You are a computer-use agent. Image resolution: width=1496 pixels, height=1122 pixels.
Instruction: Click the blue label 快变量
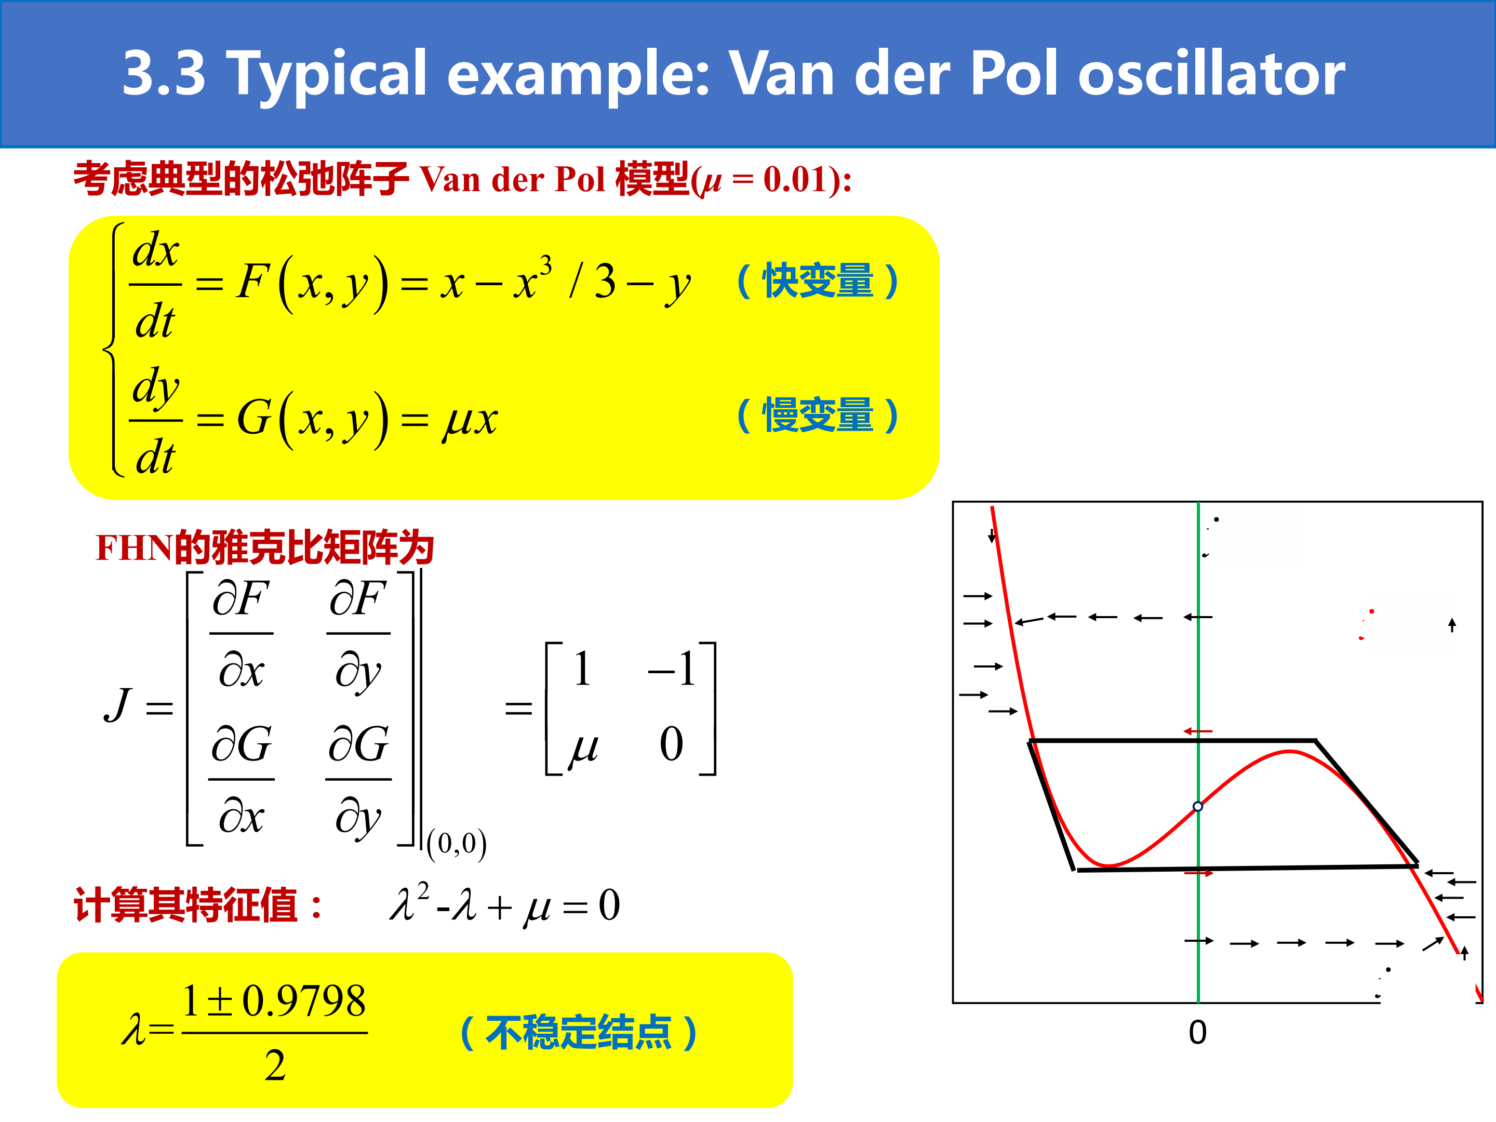coord(818,280)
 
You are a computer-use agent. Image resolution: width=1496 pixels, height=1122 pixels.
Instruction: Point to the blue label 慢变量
coord(818,415)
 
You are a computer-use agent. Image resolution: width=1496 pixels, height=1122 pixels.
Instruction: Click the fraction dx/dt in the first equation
coord(155,285)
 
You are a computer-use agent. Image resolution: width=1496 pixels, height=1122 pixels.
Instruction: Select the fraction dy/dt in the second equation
coord(155,421)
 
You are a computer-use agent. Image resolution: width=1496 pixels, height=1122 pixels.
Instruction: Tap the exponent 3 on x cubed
coord(546,264)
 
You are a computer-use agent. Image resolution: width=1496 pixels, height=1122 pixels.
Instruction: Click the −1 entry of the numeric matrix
coord(672,670)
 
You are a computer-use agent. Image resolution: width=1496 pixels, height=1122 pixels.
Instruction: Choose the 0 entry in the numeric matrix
coord(672,744)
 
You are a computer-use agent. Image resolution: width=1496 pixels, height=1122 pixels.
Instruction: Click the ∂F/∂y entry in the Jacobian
coord(358,634)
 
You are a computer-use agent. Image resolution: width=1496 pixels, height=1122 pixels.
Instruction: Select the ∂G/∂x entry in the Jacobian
coord(242,780)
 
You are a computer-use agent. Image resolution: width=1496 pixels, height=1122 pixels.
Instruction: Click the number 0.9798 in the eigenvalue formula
coord(304,1001)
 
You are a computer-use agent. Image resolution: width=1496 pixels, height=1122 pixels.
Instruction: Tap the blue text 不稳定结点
coord(578,1033)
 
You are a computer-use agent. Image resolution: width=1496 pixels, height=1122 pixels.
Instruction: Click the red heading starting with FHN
coord(264,548)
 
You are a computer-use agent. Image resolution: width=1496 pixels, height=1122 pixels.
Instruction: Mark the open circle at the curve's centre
coord(1198,806)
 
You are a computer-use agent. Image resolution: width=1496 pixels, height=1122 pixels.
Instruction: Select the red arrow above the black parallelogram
coord(1198,731)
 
